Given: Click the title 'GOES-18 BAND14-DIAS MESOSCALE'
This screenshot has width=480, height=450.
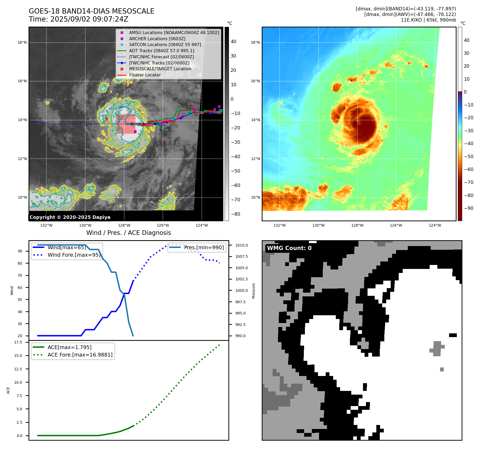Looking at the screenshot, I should point(91,11).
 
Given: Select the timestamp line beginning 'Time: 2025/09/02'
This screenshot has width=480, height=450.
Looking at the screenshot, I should point(79,19).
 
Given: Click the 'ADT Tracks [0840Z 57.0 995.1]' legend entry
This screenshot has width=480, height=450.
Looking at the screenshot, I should point(162,51).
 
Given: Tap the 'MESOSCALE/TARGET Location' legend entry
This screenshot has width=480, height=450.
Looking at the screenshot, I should point(160,69).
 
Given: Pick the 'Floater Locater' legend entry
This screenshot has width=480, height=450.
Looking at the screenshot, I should point(145,75).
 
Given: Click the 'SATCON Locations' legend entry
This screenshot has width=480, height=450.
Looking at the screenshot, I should point(165,44).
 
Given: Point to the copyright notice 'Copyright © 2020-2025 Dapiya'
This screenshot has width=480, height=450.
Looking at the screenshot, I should point(70,217).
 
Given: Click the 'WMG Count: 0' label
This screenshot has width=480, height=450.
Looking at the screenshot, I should point(289,248).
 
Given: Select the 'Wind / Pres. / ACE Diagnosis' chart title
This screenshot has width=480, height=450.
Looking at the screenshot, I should point(129,233).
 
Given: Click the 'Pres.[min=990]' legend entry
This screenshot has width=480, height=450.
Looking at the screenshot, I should point(204,247).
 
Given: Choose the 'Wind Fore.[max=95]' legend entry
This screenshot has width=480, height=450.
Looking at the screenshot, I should point(74,255).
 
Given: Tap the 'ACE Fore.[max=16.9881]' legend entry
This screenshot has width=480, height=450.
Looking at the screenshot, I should point(80,355).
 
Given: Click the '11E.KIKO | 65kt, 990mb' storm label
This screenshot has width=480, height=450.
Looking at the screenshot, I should point(428,20).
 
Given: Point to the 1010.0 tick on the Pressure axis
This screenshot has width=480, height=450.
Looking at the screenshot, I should point(241,245).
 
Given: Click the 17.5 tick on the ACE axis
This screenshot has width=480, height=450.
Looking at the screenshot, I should point(18,342).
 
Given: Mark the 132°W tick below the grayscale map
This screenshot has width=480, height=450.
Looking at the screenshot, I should point(46,225).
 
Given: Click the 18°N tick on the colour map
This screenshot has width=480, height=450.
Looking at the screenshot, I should point(255,42).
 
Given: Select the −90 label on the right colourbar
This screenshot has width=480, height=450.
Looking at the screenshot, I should point(469,208).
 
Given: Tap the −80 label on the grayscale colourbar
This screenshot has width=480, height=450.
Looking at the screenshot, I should point(235,214).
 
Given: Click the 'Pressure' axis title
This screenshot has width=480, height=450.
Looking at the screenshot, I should point(254,291).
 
